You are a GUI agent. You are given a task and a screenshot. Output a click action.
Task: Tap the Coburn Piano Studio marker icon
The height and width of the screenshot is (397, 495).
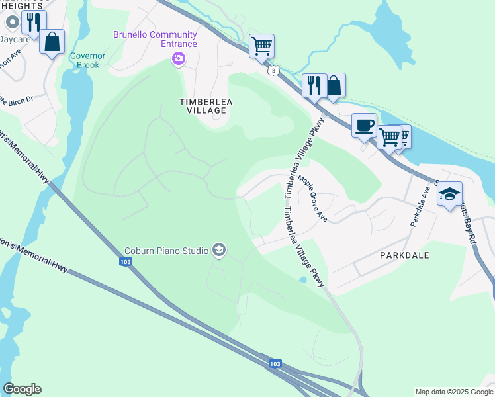tap(219, 250)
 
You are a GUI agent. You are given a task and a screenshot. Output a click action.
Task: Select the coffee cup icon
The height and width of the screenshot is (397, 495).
tap(363, 125)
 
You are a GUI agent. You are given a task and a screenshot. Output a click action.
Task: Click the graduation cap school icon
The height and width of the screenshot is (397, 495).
tap(449, 193)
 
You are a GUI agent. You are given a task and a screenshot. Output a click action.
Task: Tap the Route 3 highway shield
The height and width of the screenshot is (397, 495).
tap(272, 70)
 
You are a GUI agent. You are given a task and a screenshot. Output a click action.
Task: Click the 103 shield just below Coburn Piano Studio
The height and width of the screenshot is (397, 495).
tap(126, 262)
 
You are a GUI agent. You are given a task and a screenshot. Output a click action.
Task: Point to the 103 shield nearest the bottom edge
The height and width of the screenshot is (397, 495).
tap(275, 365)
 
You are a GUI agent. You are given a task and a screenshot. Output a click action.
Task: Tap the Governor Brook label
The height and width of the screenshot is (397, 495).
tap(84, 60)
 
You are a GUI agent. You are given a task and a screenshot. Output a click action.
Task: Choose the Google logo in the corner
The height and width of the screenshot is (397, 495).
tap(22, 389)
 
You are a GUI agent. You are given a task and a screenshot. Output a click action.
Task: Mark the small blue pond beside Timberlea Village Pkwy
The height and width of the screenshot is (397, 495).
tap(302, 280)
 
